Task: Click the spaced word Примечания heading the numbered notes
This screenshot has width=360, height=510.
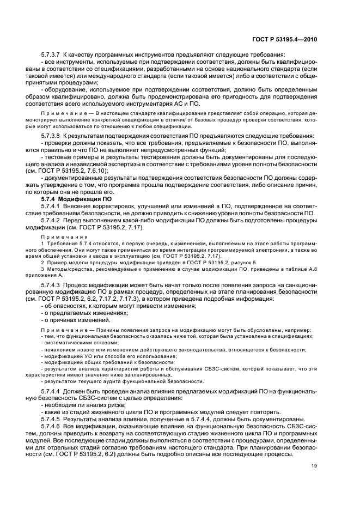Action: (64, 238)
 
